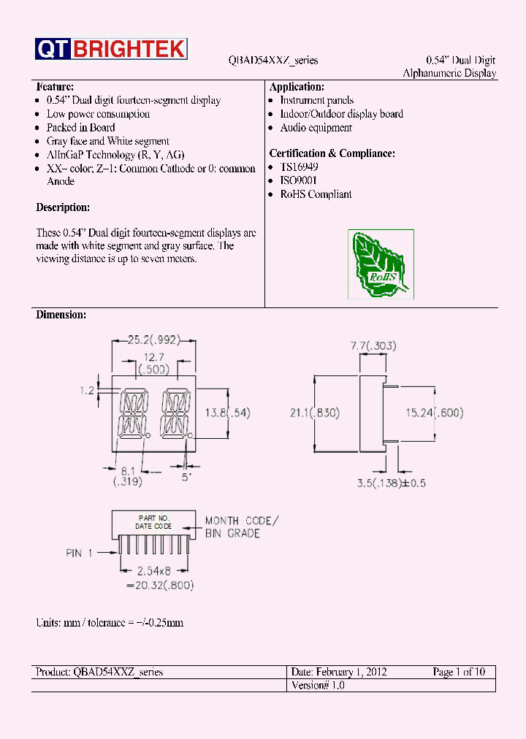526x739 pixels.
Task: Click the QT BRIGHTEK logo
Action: [110, 49]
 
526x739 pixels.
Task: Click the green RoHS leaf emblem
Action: [380, 264]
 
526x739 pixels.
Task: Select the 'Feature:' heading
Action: [55, 87]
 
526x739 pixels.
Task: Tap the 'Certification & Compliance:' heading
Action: [332, 153]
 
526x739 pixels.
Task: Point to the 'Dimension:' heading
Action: [61, 315]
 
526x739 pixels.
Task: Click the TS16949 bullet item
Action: [299, 167]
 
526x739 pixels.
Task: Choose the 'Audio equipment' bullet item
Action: [316, 128]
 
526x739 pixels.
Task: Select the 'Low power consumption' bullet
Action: [98, 114]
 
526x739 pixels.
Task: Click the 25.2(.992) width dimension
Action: [153, 340]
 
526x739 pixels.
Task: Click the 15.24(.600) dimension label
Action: [434, 413]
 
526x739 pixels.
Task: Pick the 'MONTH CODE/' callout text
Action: [241, 521]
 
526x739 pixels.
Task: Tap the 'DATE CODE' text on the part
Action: [153, 526]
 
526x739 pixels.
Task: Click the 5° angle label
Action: [187, 477]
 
